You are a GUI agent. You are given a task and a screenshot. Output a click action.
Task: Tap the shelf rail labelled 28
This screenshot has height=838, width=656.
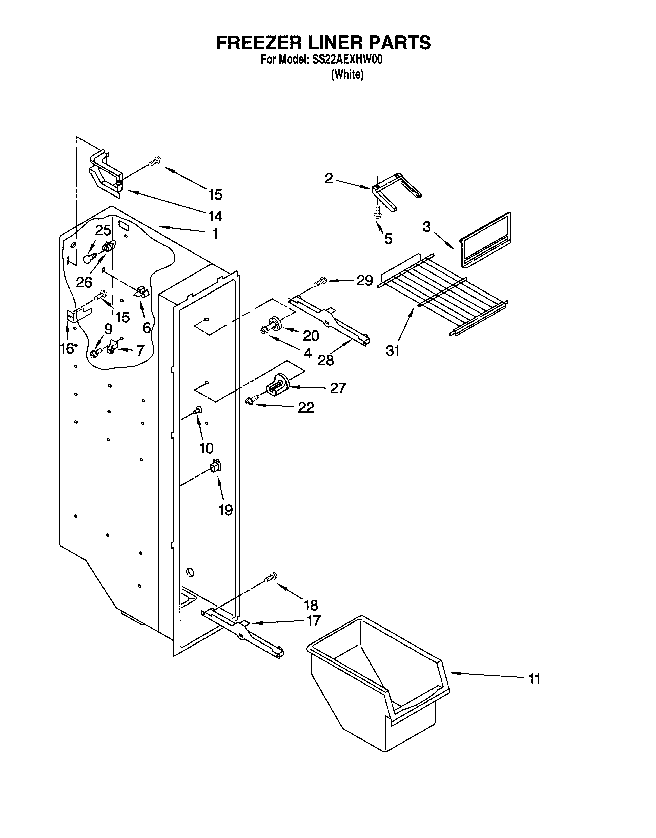coord(330,321)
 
